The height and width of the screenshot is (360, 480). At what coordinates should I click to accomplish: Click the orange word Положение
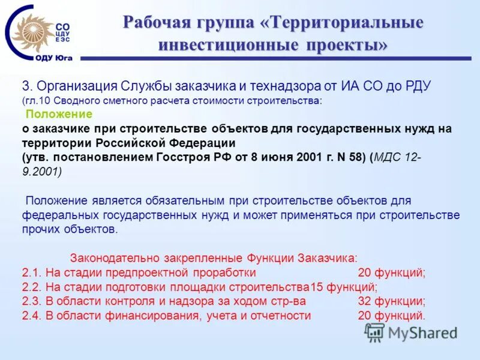59,114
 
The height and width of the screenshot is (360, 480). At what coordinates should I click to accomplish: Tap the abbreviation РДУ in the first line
413,86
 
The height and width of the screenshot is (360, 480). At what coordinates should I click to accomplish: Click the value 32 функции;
391,301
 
